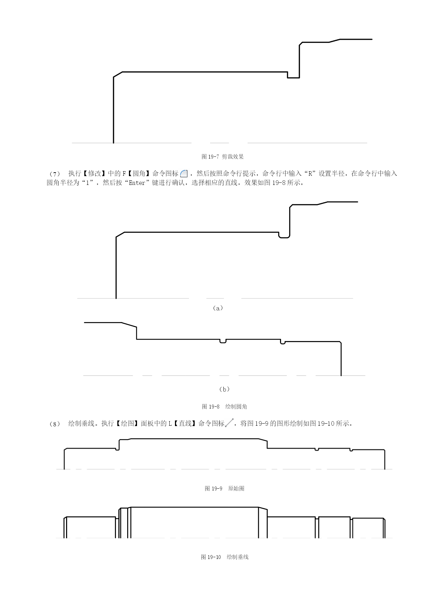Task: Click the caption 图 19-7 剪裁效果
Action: [222, 156]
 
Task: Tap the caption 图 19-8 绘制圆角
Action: [224, 406]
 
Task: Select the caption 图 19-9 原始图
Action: [224, 488]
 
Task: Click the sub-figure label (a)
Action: [218, 308]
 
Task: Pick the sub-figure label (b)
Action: [224, 389]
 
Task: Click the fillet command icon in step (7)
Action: [184, 174]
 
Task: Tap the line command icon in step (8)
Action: [229, 423]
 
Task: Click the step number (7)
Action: [55, 174]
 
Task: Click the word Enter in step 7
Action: [137, 183]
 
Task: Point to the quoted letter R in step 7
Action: [310, 174]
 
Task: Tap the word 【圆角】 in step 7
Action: [139, 174]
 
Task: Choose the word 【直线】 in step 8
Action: [185, 423]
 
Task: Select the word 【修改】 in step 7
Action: [95, 174]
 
